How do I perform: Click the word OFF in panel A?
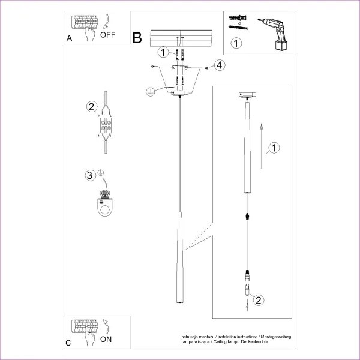pos(108,34)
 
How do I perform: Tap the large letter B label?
pos(137,38)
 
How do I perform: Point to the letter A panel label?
pos(69,38)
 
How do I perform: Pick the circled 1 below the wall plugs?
pos(237,43)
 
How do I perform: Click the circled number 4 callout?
pos(220,65)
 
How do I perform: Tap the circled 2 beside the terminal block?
pos(91,107)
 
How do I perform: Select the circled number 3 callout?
pos(90,175)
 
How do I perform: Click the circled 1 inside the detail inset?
pos(273,148)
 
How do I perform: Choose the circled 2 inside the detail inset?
pos(257,300)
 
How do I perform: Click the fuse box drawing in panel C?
pos(84,328)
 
